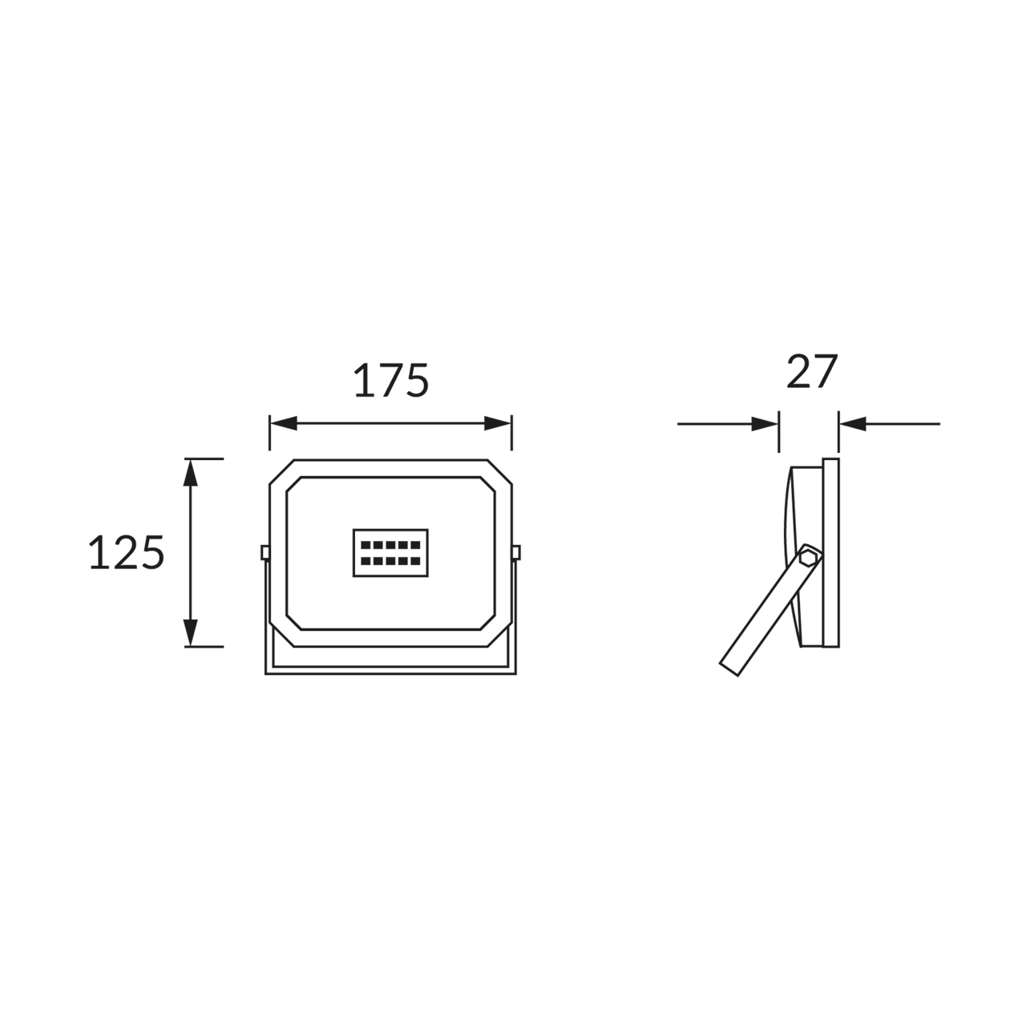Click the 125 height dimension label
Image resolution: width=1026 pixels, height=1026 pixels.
[127, 552]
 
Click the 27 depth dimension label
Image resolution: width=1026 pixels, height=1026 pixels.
[812, 371]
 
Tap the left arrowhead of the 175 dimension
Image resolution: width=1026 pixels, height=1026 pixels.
[283, 424]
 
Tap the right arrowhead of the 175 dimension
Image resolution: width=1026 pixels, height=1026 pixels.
[498, 424]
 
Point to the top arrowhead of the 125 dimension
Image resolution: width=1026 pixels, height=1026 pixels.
[191, 472]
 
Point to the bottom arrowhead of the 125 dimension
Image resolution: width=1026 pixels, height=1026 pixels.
[191, 633]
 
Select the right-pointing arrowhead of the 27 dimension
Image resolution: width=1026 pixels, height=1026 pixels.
[765, 424]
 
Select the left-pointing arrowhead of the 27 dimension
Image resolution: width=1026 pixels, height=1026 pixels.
[852, 424]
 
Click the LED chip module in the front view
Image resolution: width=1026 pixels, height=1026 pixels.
[391, 552]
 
